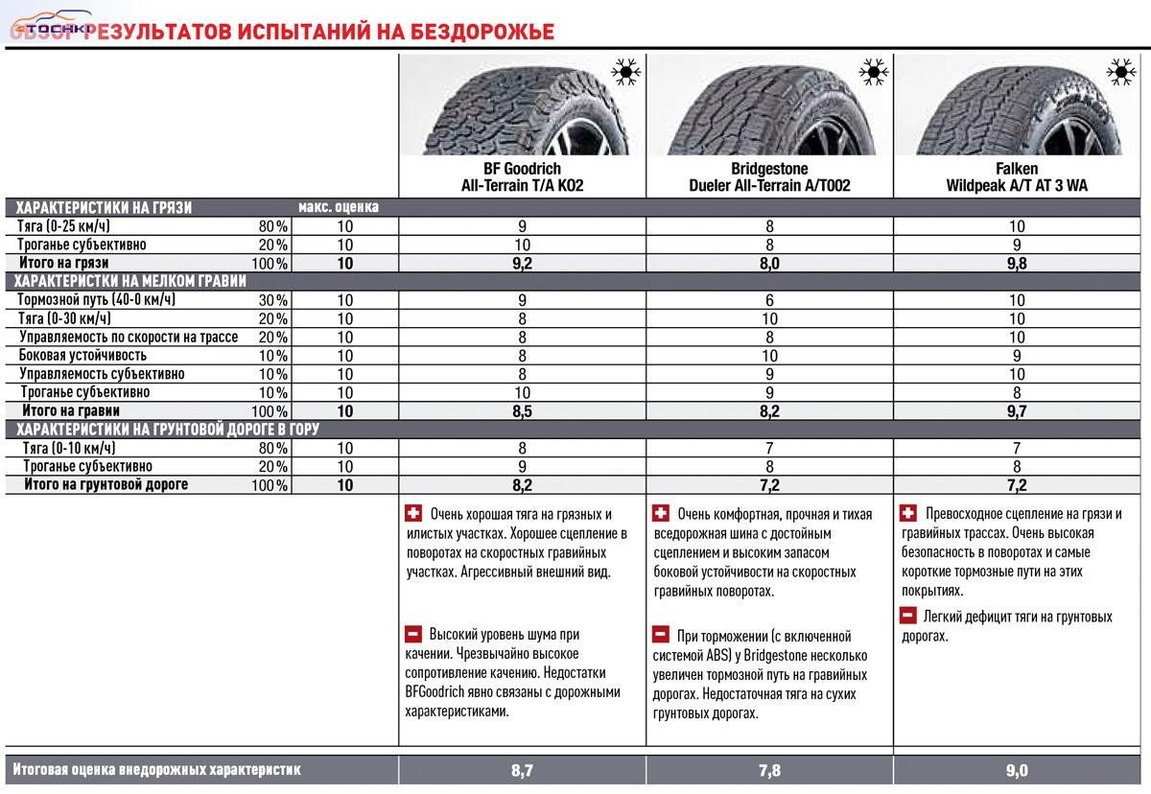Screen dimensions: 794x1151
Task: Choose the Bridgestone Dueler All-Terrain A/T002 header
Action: [x=769, y=177]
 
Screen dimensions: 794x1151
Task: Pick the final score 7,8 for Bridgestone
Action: [x=769, y=770]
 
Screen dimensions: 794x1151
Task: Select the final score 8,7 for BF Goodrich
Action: [x=522, y=770]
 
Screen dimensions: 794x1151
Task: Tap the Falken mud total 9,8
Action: [x=1017, y=263]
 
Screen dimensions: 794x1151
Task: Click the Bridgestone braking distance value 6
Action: [x=769, y=300]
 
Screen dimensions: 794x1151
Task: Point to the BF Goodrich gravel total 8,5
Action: [x=522, y=410]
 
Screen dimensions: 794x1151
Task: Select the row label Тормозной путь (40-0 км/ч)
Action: [x=96, y=300]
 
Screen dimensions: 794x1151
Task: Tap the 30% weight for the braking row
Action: [x=272, y=300]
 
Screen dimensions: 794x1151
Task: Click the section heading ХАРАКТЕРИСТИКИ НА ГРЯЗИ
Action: [x=104, y=207]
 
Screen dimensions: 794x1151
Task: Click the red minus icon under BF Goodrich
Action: [x=413, y=634]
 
